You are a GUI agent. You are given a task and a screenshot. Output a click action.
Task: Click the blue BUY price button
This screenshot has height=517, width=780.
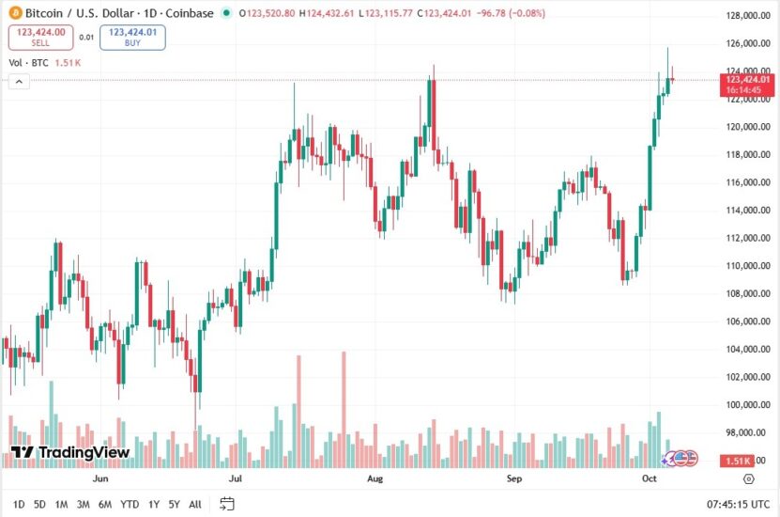click(x=134, y=38)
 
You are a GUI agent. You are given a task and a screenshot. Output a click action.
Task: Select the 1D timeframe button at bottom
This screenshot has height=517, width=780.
click(x=19, y=504)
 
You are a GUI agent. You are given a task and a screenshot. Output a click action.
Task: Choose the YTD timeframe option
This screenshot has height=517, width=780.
click(x=130, y=504)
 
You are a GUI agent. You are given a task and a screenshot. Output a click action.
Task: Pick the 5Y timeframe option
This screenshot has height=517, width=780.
click(x=175, y=504)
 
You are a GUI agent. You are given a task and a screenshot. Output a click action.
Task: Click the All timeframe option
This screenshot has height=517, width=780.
click(x=195, y=504)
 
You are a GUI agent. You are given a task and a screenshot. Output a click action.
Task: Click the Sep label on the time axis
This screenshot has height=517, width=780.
click(x=513, y=478)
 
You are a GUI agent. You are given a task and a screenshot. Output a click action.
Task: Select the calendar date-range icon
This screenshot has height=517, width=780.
click(x=226, y=504)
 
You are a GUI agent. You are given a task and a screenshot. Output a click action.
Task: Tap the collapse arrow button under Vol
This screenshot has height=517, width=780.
click(x=18, y=82)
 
